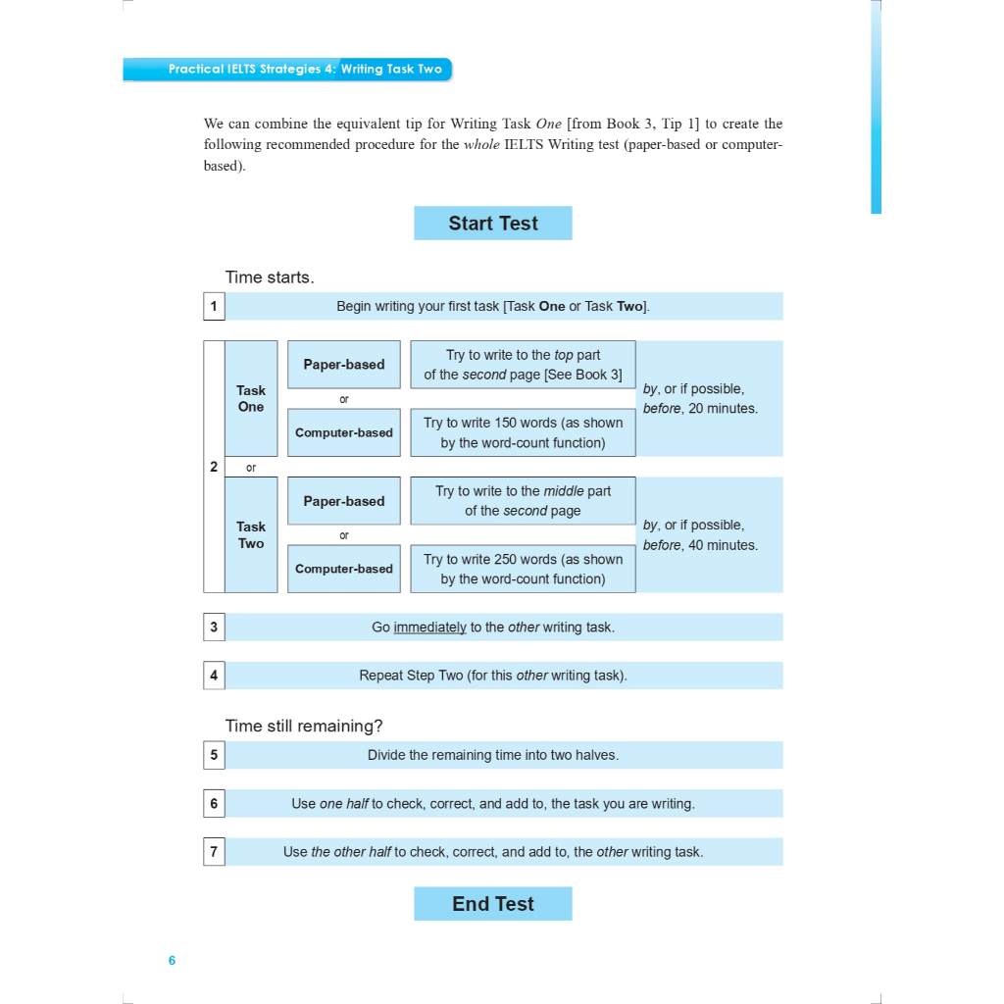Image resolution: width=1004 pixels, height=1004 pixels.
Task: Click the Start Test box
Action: (x=492, y=224)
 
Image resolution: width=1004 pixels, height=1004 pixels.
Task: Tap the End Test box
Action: (x=492, y=904)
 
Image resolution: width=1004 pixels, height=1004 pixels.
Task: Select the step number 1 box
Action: (x=214, y=306)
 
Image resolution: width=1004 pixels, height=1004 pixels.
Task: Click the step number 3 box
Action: (x=214, y=627)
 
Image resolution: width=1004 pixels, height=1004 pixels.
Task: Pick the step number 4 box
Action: (x=214, y=675)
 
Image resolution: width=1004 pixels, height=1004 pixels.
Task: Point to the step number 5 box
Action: (x=214, y=755)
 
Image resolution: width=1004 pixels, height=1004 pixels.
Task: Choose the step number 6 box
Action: (x=214, y=803)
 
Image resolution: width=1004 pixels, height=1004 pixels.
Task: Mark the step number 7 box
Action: (x=214, y=851)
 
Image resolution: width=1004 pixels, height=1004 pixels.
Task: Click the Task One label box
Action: (x=251, y=398)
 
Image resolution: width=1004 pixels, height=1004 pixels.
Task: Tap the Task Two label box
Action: (x=251, y=534)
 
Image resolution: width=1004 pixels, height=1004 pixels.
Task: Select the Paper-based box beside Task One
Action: (x=343, y=365)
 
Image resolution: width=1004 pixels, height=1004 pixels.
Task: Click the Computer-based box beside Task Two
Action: (x=343, y=569)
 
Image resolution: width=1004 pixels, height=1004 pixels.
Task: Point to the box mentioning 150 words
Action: (x=523, y=432)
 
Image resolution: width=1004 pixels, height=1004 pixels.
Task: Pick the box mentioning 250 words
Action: (x=523, y=569)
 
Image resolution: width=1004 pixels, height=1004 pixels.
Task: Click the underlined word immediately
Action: (x=429, y=627)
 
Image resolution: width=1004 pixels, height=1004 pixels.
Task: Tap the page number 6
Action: (x=172, y=960)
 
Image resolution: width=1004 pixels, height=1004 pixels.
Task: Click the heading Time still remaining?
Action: (x=304, y=727)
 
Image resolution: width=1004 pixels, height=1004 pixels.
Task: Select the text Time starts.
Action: (x=270, y=277)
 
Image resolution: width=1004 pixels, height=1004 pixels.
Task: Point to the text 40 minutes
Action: (x=723, y=545)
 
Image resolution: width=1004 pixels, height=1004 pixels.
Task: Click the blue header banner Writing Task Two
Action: (x=391, y=70)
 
